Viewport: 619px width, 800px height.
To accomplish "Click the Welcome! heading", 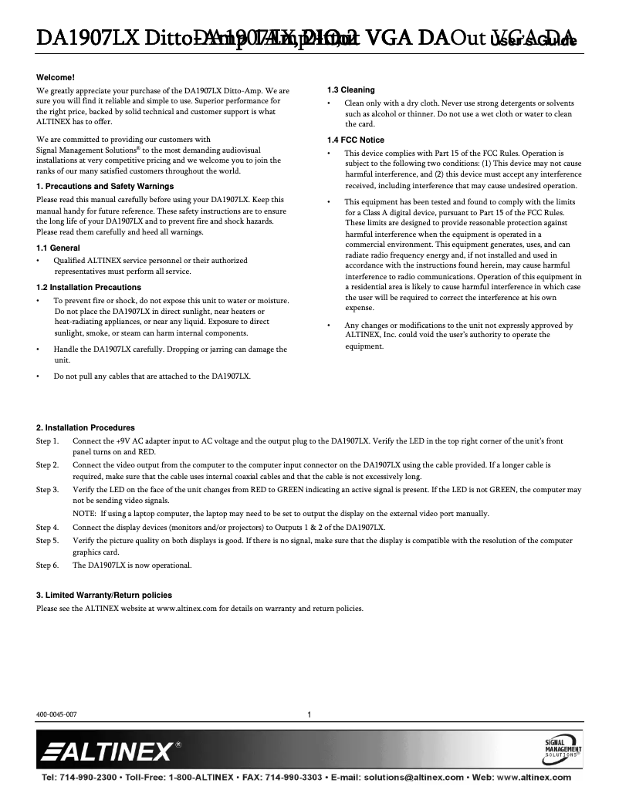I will pyautogui.click(x=56, y=78).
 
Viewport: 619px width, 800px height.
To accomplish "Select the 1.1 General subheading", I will pyautogui.click(x=58, y=247).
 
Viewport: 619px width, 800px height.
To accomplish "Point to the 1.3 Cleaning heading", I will pyautogui.click(x=351, y=90).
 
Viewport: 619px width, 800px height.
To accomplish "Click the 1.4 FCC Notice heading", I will pyautogui.click(x=356, y=140).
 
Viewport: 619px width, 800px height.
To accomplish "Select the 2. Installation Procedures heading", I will pyautogui.click(x=86, y=427).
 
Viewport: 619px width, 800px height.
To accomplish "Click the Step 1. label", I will pyautogui.click(x=48, y=441).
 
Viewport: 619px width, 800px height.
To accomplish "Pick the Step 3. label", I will pyautogui.click(x=48, y=490).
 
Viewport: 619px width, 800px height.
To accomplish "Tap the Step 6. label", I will pyautogui.click(x=48, y=565).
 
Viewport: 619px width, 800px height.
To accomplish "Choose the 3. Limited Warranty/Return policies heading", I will pyautogui.click(x=104, y=595).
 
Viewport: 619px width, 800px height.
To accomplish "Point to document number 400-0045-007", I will pyautogui.click(x=56, y=714).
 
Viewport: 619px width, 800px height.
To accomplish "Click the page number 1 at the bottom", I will pyautogui.click(x=309, y=714).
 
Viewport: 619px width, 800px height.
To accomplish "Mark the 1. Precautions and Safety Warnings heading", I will pyautogui.click(x=105, y=186).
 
